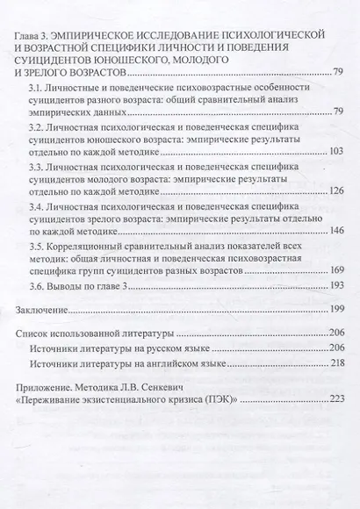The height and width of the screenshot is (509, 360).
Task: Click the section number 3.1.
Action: pyautogui.click(x=37, y=88)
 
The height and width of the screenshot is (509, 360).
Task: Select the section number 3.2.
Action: pyautogui.click(x=37, y=126)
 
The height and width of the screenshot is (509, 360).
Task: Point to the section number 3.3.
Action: pyautogui.click(x=37, y=166)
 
